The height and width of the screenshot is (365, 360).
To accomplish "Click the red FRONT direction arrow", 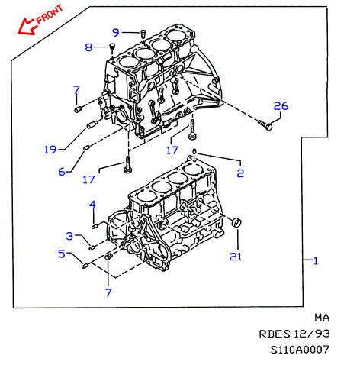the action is [27, 26].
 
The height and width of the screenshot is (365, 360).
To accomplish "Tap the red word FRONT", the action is [50, 15].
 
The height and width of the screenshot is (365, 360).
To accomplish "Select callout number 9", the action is [116, 32].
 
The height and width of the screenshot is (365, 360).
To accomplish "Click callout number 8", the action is [88, 47].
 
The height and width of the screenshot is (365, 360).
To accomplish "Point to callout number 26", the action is [281, 106].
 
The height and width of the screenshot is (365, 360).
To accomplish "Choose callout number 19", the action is [50, 150].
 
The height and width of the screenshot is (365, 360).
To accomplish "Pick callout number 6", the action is [62, 172].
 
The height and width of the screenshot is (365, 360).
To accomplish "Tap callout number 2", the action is [240, 173].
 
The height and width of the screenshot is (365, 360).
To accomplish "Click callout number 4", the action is [92, 205].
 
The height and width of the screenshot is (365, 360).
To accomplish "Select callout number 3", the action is [69, 236].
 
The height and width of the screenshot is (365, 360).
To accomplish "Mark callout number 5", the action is [62, 254].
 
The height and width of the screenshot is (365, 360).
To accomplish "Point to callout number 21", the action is [236, 257].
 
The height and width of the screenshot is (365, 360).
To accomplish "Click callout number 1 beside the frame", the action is [316, 260].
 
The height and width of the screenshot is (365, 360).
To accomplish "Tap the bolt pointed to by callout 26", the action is [265, 125].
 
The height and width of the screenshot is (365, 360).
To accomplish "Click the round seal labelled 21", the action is [236, 221].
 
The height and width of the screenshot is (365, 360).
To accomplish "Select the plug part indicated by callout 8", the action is [112, 47].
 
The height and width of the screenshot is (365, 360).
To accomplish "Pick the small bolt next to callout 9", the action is [143, 34].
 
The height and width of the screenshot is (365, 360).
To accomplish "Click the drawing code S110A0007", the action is [300, 350].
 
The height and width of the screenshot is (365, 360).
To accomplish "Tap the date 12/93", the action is [312, 334].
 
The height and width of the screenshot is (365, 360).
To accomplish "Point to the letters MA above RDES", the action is [322, 318].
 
